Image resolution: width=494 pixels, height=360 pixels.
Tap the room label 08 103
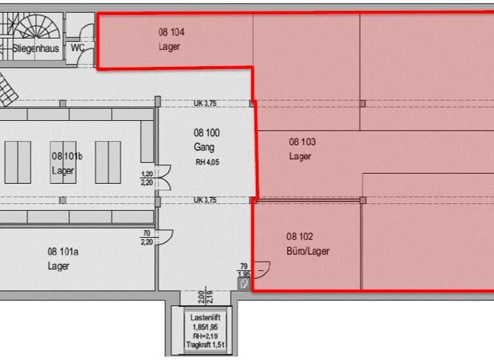click(302, 148)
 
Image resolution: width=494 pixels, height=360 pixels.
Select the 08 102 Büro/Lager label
click(307, 244)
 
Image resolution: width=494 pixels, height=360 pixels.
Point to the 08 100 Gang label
click(206, 140)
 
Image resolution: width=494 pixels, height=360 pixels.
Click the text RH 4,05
click(207, 162)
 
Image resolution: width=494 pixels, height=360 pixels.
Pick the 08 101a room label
click(58, 258)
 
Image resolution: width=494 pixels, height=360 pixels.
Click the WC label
click(78, 48)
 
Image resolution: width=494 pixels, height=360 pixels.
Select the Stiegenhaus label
click(35, 48)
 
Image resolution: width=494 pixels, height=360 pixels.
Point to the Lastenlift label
click(204, 318)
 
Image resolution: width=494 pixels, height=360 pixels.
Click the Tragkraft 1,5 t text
click(205, 344)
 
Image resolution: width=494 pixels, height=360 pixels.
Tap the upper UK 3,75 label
click(205, 103)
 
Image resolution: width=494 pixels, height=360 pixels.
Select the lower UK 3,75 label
click(205, 200)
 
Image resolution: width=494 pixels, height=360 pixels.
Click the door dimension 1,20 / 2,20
click(147, 178)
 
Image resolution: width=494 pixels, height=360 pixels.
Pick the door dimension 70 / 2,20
click(147, 237)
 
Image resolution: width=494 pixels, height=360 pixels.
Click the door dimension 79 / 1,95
click(244, 270)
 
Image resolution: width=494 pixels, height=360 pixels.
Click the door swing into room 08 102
click(261, 269)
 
